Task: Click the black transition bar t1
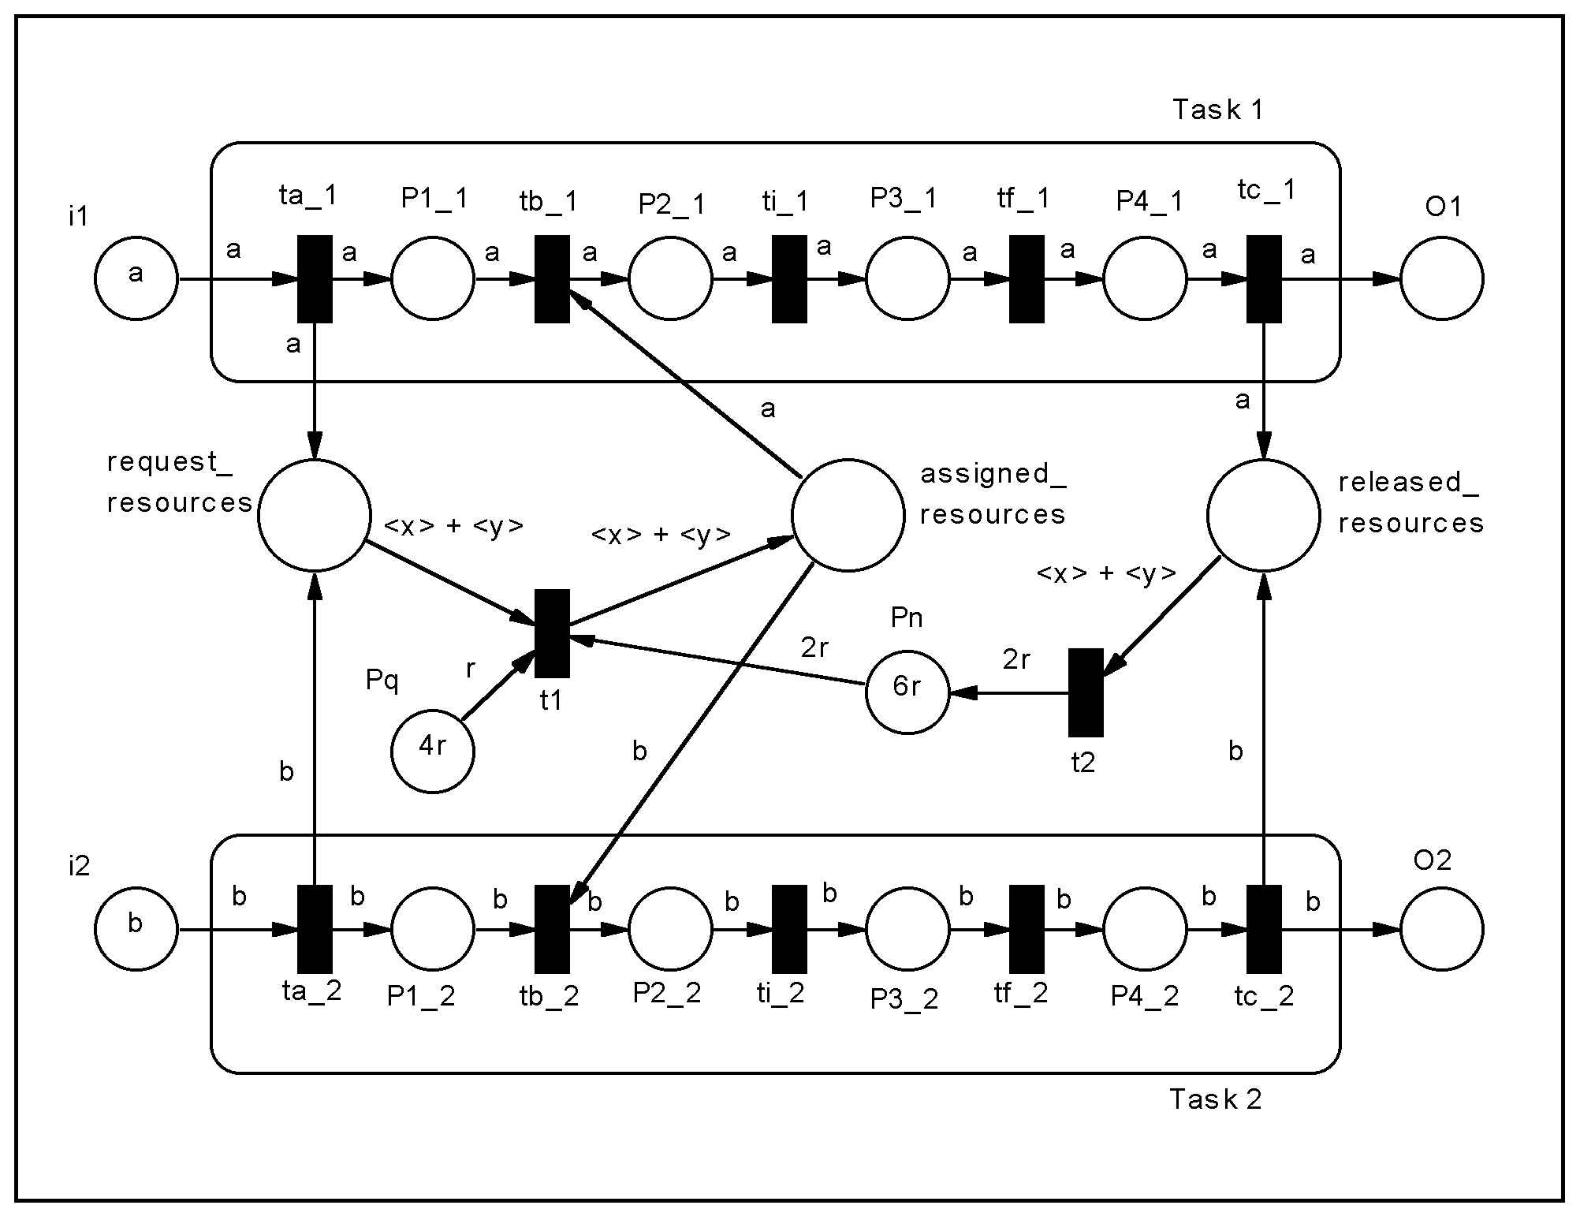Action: point(552,633)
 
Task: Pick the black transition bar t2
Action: point(1086,692)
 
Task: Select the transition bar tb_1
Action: point(552,278)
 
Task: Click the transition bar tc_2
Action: point(1264,929)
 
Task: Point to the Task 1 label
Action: point(1217,110)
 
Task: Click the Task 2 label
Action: point(1215,1099)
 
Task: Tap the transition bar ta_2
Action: point(315,929)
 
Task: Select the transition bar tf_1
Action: point(1027,278)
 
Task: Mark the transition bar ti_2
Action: point(789,929)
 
